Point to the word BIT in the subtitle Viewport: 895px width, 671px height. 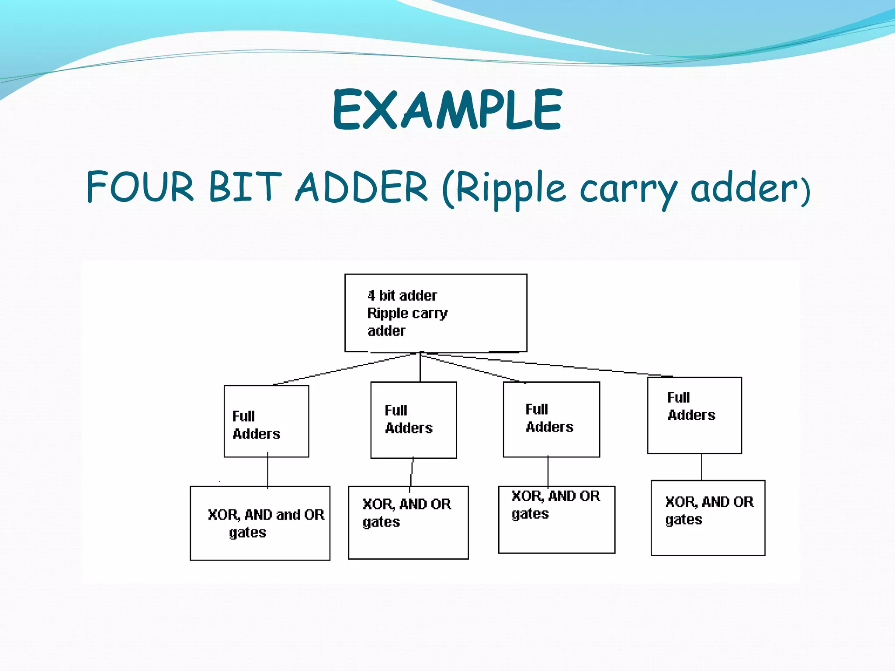pos(245,187)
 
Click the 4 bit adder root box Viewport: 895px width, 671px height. pos(436,313)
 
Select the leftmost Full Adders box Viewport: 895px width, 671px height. pos(266,421)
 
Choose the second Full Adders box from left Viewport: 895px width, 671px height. pos(413,420)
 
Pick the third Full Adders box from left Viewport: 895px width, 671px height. pos(551,419)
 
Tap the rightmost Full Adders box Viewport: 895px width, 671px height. pos(694,415)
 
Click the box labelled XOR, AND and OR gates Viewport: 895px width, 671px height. pos(260,523)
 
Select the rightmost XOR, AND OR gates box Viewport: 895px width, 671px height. pos(708,518)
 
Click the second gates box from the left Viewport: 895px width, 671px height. pos(408,522)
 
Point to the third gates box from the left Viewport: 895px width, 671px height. pos(556,519)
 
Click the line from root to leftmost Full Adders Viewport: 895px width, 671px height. pos(345,369)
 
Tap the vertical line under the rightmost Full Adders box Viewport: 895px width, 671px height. pos(702,467)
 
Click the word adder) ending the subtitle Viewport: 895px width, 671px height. pos(750,188)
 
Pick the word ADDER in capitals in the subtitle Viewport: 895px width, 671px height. pos(362,187)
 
